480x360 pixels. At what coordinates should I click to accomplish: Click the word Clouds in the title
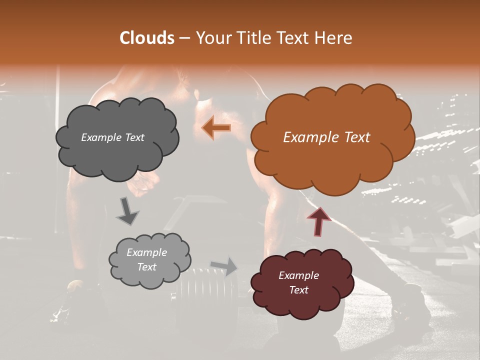coord(147,38)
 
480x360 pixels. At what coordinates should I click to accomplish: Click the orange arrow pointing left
coord(216,128)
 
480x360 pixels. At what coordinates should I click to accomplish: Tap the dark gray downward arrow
coord(127,211)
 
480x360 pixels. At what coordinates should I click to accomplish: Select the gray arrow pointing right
coord(224,266)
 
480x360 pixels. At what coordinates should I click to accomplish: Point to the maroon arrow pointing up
coord(318,220)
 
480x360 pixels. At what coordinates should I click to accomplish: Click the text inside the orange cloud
coord(326,137)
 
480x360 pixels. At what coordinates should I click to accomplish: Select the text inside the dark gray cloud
coord(112,137)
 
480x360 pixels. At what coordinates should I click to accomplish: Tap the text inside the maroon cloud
coord(298,282)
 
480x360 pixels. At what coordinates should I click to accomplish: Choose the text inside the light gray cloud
coord(146,259)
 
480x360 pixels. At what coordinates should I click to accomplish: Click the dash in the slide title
coord(183,38)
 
